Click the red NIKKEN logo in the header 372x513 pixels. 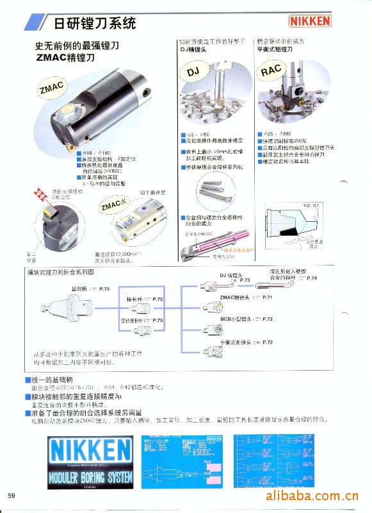[x=311, y=21]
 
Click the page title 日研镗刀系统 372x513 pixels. [x=94, y=24]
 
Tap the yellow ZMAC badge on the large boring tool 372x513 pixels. [x=51, y=88]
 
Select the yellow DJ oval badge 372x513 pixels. [x=194, y=73]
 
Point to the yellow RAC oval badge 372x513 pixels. [x=271, y=71]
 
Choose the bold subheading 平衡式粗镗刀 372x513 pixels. [x=274, y=49]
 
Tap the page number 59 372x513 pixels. [x=12, y=496]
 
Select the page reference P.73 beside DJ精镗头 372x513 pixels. [x=243, y=280]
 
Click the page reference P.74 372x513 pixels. [x=312, y=278]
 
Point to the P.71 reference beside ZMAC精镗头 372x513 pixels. [x=267, y=298]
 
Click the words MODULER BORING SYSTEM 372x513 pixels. [x=90, y=477]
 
